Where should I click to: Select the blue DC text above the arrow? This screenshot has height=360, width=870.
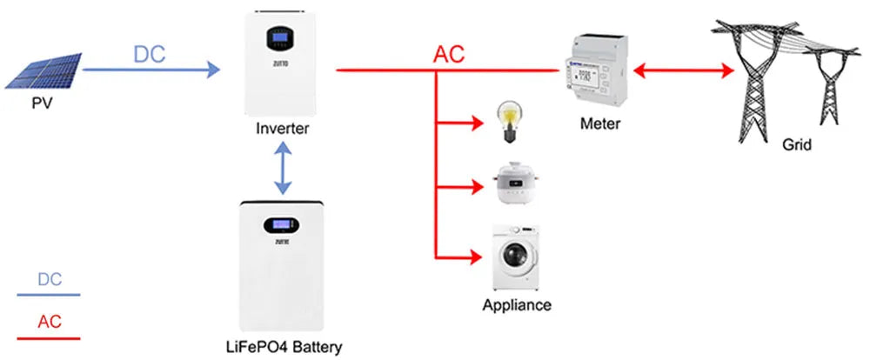coord(149,54)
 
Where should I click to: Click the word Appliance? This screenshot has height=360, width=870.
coord(517,305)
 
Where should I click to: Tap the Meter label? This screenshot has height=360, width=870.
coord(599,124)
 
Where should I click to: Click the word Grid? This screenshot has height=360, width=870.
coord(796,145)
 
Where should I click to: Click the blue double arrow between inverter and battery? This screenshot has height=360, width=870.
coord(280,170)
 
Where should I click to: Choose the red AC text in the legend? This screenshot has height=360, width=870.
coord(50,322)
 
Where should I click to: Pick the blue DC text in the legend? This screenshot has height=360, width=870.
coord(50,279)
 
